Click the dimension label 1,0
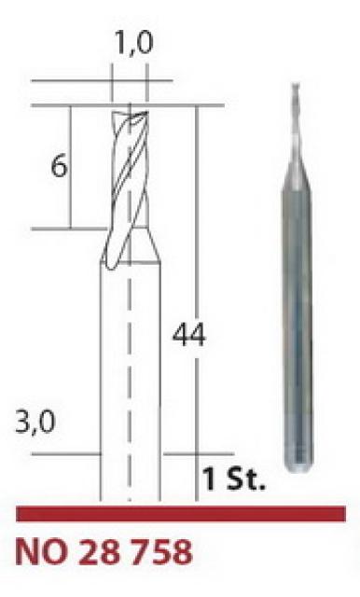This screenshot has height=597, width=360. (133, 43)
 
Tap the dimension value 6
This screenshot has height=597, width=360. (59, 166)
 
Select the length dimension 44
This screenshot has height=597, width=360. (188, 335)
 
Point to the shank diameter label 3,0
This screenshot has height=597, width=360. (35, 422)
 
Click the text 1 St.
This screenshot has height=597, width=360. (233, 479)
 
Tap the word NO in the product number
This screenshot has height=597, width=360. (41, 552)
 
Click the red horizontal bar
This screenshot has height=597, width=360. (181, 514)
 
